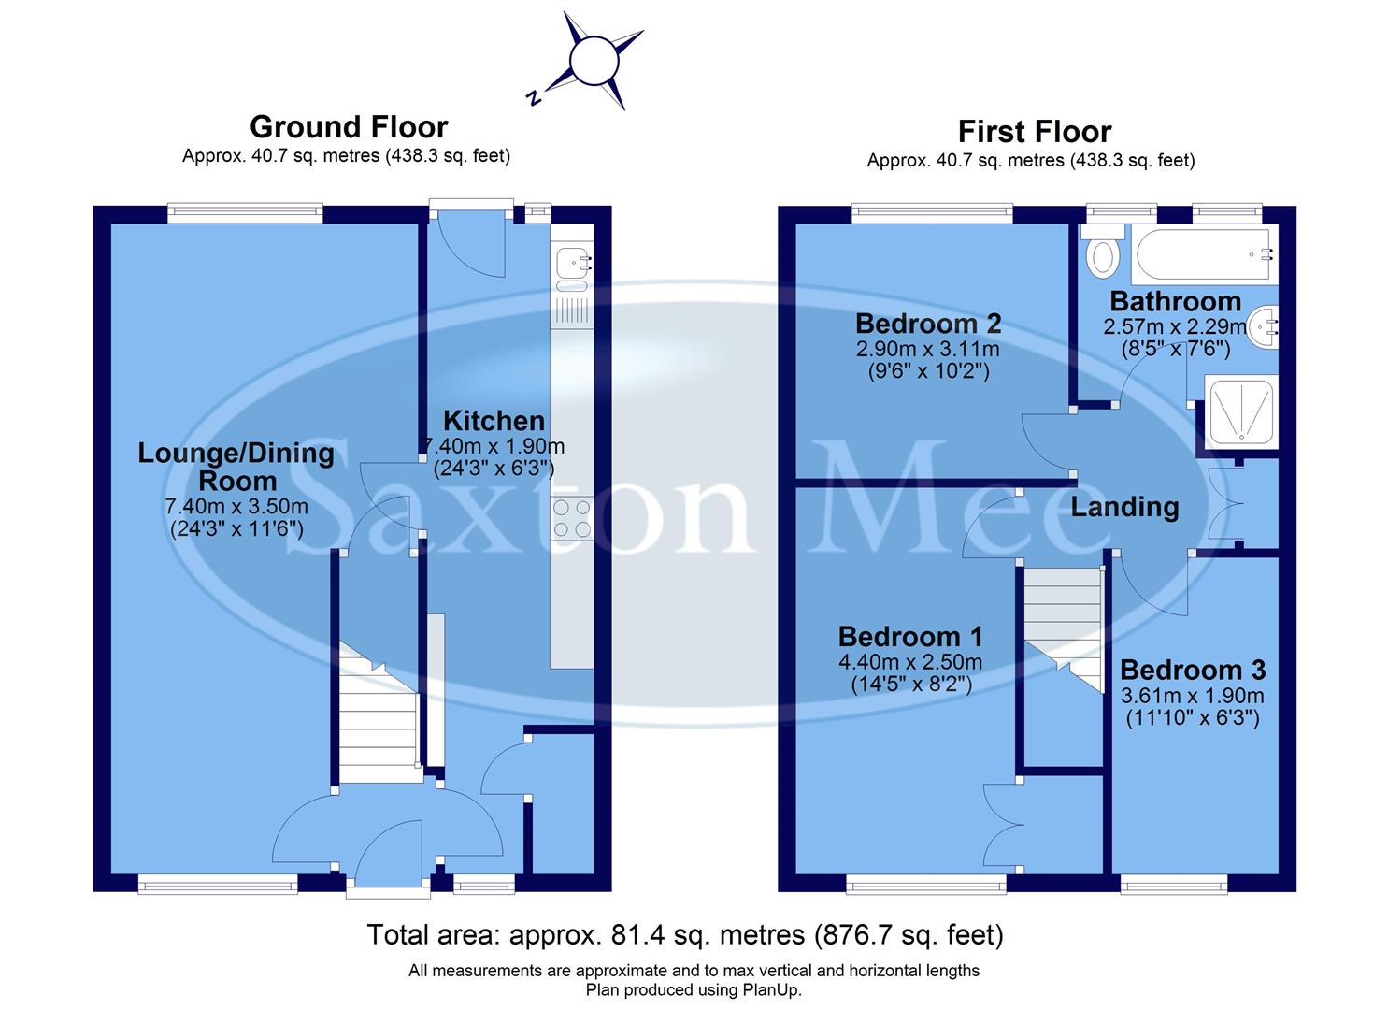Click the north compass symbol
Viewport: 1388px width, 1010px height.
pos(586,64)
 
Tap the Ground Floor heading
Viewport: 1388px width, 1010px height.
pos(349,127)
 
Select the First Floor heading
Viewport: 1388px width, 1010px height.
pos(1034,132)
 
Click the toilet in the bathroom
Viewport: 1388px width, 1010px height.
pos(1104,255)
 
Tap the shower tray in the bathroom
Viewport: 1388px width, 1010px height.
pos(1239,411)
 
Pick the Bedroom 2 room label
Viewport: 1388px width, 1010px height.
pos(928,325)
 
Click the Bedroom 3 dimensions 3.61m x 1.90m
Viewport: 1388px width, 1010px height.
pos(1192,696)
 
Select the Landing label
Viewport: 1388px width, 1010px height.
pos(1124,507)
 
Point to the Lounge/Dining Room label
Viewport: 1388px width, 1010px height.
pos(236,467)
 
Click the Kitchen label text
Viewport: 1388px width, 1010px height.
pos(494,421)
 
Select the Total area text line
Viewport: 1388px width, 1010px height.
pos(684,934)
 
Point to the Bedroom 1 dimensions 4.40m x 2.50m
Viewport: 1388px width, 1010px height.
pos(910,662)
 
